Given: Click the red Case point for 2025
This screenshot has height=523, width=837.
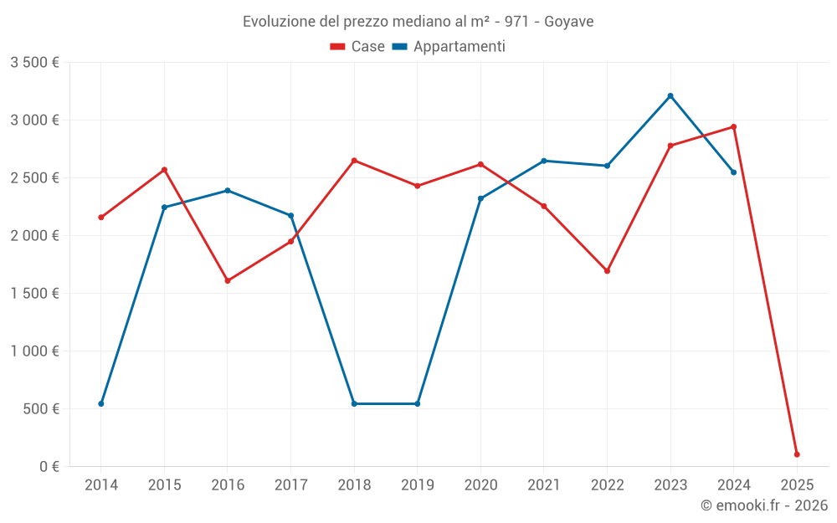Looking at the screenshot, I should tap(797, 454).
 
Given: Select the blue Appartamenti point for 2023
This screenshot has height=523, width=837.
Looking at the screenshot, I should tap(670, 95).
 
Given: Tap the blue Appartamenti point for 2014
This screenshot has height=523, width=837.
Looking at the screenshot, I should tap(101, 404).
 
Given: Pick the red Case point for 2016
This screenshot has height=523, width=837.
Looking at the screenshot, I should tap(228, 281).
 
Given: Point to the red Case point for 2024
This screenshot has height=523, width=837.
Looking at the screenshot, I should tap(734, 127).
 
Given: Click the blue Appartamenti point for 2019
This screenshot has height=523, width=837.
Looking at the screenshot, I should tap(418, 404).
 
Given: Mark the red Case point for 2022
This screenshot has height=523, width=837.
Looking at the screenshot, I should tap(607, 271).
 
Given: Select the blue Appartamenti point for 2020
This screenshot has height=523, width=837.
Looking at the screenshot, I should tap(480, 198).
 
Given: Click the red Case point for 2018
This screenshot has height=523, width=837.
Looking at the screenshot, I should tap(354, 161).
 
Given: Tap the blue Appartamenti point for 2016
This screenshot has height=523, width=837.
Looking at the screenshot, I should tap(228, 191).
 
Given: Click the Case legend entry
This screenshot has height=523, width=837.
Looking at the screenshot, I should tap(358, 47).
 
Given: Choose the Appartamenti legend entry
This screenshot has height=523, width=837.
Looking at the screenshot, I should tap(449, 47).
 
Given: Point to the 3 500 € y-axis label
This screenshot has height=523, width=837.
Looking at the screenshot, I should tap(34, 63).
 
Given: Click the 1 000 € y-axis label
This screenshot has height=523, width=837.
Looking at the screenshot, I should tap(34, 351).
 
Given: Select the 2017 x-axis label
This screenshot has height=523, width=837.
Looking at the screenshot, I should tap(290, 485).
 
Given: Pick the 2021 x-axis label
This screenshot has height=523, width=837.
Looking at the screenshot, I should tap(544, 485).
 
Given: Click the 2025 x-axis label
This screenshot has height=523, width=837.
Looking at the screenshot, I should tap(797, 485).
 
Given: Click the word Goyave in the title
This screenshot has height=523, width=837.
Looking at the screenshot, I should tap(568, 22).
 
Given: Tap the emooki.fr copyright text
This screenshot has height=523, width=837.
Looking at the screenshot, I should tap(763, 505).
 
